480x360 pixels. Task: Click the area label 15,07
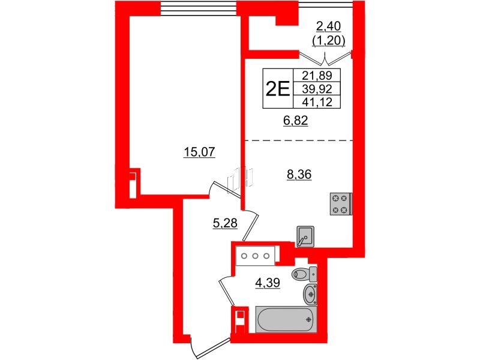[199, 152]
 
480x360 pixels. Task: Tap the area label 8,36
[300, 175]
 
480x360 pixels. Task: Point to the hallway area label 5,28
[225, 224]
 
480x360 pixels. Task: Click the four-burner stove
[340, 203]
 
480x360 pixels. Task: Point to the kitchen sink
[305, 236]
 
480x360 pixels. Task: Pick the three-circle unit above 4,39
[254, 256]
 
